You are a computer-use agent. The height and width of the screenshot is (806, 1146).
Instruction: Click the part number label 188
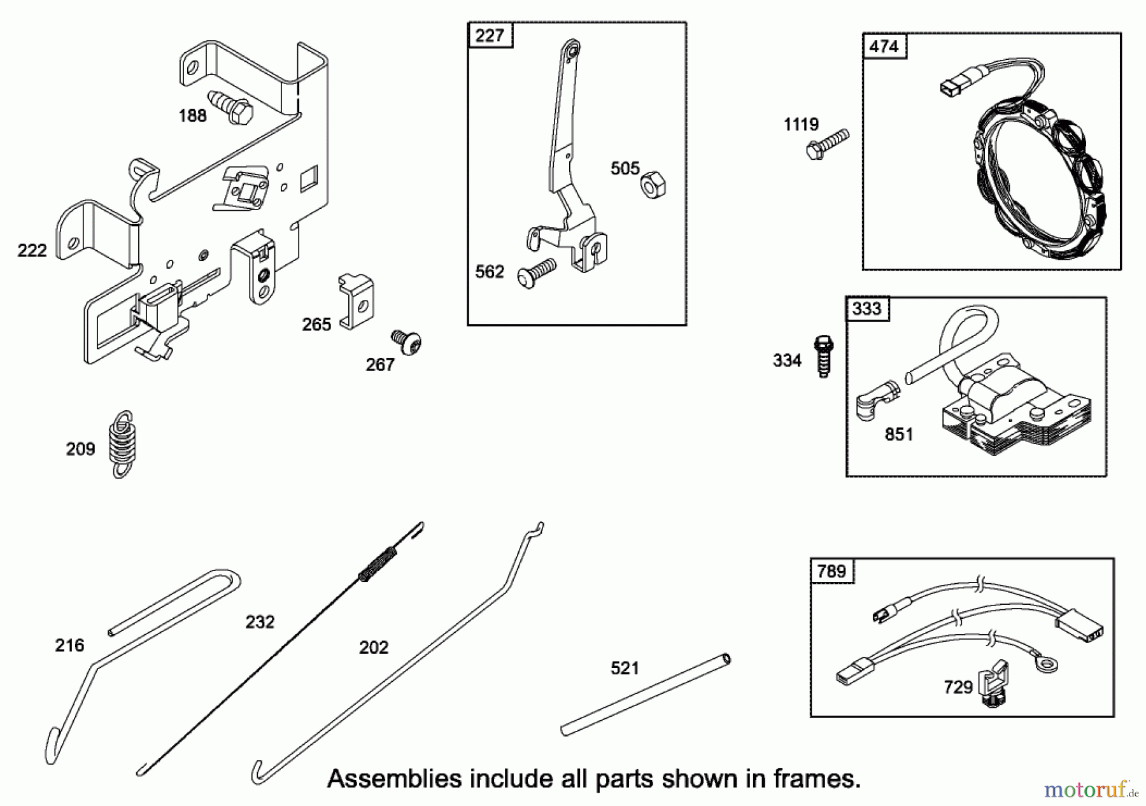[x=192, y=116]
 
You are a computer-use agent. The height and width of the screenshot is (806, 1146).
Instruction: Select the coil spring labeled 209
[x=123, y=444]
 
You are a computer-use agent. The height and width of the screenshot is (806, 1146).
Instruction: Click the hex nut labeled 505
[x=652, y=185]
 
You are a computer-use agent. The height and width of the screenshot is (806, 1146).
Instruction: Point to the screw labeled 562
[x=538, y=271]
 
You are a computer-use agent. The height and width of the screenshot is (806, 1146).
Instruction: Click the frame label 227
[x=490, y=36]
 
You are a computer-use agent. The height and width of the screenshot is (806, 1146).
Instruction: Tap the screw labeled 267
[x=407, y=342]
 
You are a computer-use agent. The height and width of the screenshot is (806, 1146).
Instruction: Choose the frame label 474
[x=884, y=46]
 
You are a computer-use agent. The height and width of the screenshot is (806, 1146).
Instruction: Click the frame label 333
[x=867, y=309]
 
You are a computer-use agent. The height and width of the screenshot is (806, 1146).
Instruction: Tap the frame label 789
[x=831, y=571]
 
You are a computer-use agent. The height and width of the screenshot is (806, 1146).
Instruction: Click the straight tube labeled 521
[x=646, y=695]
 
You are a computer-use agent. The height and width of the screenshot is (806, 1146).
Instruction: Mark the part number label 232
[x=260, y=622]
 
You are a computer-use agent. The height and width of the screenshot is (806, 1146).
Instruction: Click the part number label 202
[x=374, y=647]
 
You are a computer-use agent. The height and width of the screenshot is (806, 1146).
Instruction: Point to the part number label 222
[x=32, y=250]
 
